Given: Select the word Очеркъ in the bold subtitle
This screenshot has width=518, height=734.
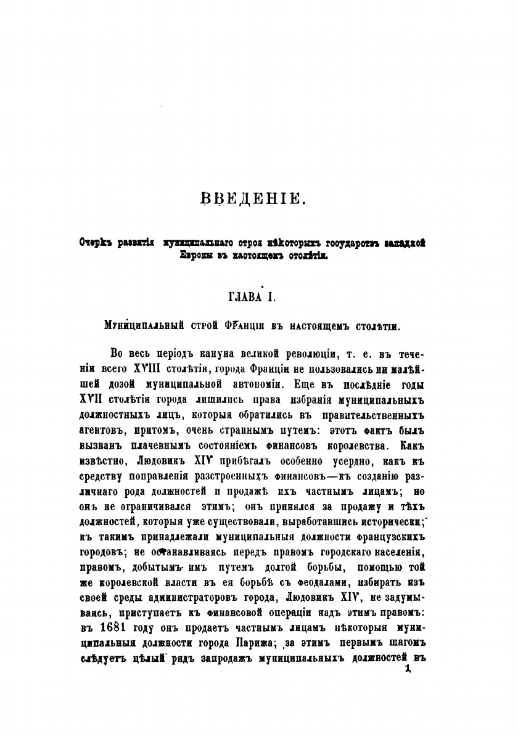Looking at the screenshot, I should click(x=94, y=242).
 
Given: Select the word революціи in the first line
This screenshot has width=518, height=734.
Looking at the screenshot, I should click(x=299, y=354).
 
